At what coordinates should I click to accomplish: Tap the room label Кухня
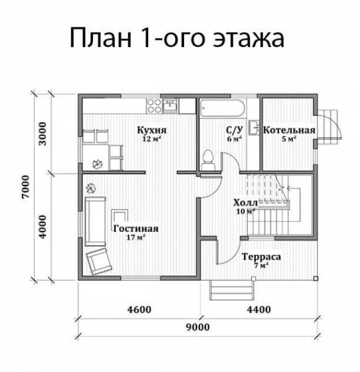152,131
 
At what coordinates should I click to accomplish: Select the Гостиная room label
136,228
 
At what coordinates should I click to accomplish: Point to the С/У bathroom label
234,130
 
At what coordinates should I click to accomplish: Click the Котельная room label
289,131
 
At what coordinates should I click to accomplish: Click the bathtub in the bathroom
224,107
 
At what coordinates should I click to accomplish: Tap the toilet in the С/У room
208,159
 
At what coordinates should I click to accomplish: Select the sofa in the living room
95,220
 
